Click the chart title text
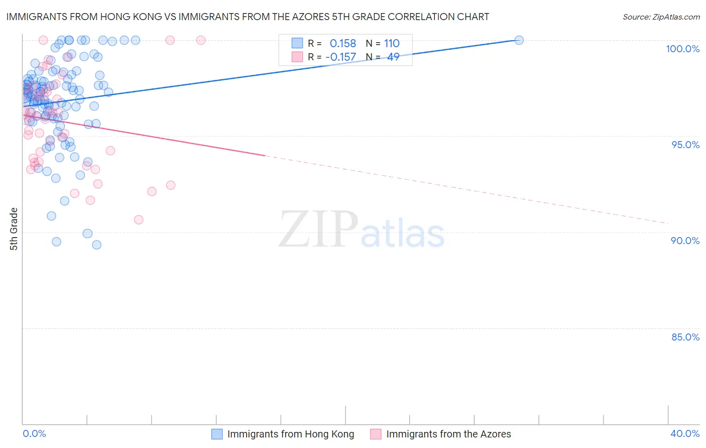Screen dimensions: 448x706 pos(248,17)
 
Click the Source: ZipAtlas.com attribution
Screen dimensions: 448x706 pos(661,17)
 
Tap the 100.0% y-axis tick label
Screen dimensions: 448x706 pos(682,49)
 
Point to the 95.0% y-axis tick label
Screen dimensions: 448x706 pos(685,145)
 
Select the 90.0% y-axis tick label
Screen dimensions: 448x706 pos(685,241)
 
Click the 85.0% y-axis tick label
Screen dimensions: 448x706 pos(685,337)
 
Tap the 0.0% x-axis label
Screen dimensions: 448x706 pos(34,433)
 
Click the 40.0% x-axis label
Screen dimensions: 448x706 pos(685,433)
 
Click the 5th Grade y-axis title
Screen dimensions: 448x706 pos(14,229)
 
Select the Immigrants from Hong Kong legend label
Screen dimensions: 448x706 pos(290,434)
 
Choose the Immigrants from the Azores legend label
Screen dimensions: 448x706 pos(448,434)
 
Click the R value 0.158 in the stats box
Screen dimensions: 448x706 pos(342,44)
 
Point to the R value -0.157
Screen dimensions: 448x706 pos(340,57)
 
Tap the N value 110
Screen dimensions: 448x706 pos(392,44)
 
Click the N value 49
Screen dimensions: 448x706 pos(393,57)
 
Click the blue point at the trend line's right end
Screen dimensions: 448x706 pos(519,40)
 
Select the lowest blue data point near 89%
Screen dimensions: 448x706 pos(97,245)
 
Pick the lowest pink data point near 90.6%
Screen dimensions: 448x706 pos(139,219)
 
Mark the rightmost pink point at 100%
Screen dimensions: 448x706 pos(201,40)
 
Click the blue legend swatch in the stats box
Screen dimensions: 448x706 pos(297,43)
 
